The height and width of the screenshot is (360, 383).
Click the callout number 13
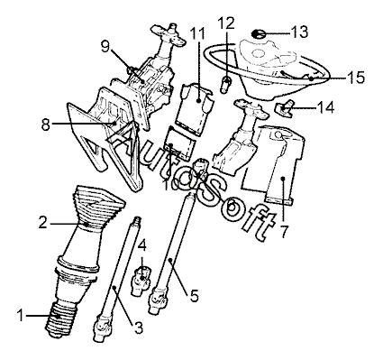click(298, 32)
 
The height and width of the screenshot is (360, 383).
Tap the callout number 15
click(355, 77)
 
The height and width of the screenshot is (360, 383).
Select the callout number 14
click(325, 107)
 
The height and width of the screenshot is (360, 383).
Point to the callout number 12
click(226, 23)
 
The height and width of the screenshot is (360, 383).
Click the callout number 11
click(197, 33)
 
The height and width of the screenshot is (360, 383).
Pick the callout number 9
click(105, 46)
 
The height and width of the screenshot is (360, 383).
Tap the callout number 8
click(45, 125)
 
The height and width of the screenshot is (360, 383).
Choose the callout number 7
click(284, 231)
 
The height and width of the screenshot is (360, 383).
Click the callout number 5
click(194, 296)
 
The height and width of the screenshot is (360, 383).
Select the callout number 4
click(142, 245)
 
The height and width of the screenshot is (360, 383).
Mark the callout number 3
click(138, 328)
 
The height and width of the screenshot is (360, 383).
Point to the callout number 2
click(42, 223)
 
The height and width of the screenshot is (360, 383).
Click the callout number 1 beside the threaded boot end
click(21, 316)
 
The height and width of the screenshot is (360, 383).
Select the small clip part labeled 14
click(284, 108)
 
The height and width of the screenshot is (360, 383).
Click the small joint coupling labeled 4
click(141, 279)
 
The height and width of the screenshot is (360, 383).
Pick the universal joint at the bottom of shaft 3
click(102, 328)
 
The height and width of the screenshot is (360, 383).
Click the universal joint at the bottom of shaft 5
click(158, 300)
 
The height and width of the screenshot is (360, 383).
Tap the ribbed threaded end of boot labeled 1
click(61, 318)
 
